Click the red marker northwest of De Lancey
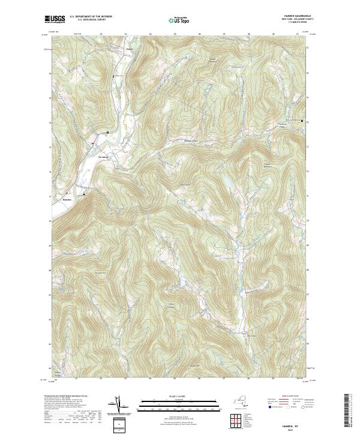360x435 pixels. pos(93,143)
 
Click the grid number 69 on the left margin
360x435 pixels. pos(49,245)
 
